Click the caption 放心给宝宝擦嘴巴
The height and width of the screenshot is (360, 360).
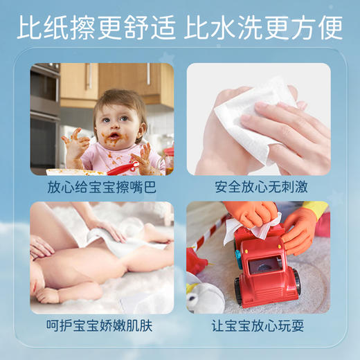click(102, 187)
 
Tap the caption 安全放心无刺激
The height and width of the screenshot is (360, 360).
click(258, 187)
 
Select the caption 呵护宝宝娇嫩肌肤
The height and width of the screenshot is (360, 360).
click(102, 325)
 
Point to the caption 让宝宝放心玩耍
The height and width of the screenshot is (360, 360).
click(258, 325)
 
